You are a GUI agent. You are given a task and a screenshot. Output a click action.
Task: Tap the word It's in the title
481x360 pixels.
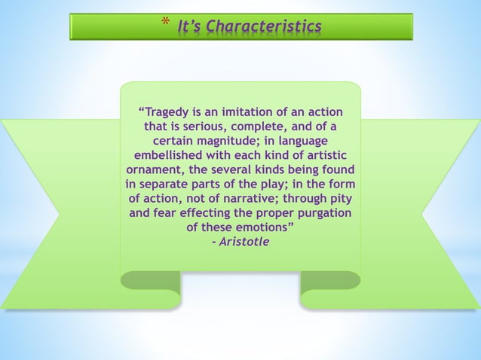[191, 27]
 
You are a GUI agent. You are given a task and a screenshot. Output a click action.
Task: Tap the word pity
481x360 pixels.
[339, 198]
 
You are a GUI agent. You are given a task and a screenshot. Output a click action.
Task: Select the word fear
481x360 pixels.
[167, 212]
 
